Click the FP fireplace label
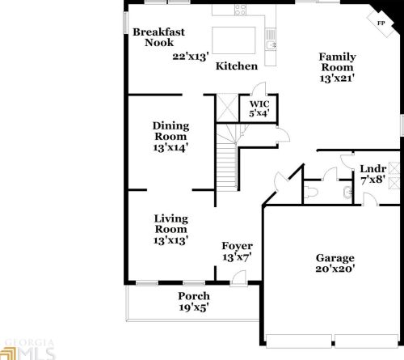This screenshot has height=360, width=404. [381, 23]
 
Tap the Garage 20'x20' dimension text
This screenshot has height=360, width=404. [335, 269]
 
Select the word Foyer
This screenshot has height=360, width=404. [237, 246]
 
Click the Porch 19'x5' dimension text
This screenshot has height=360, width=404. [194, 307]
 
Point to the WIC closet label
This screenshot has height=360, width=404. [259, 104]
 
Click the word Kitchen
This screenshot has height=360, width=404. [237, 66]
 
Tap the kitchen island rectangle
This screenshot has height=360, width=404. [234, 40]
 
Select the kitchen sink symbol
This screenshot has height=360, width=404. [271, 44]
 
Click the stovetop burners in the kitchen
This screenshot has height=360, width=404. [240, 10]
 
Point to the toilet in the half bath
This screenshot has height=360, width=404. [311, 192]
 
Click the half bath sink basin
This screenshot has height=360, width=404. [347, 192]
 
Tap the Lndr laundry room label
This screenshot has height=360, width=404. [373, 169]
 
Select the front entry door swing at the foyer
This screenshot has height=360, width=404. [239, 277]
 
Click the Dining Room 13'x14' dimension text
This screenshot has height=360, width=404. [170, 148]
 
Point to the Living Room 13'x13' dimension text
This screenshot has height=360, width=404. [170, 240]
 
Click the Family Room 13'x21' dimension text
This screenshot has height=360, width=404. [337, 78]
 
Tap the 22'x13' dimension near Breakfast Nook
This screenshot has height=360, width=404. [191, 57]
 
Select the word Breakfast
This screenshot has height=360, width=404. [158, 32]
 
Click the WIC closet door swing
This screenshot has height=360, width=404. [259, 88]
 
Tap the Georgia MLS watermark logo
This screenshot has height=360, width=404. [27, 349]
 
